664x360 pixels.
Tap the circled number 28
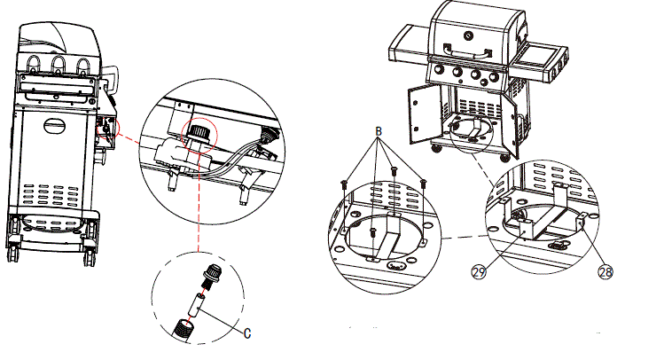[x=606, y=272]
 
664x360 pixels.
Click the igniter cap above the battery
[x=212, y=273]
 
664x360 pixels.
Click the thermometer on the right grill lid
[x=469, y=34]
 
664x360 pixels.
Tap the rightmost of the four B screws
[x=423, y=183]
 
